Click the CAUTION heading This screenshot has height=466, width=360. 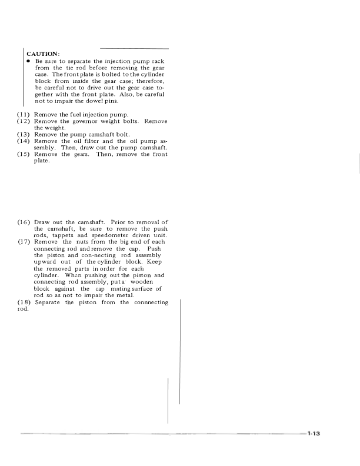pyautogui.click(x=44, y=54)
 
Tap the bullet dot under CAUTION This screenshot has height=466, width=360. pyautogui.click(x=29, y=61)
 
